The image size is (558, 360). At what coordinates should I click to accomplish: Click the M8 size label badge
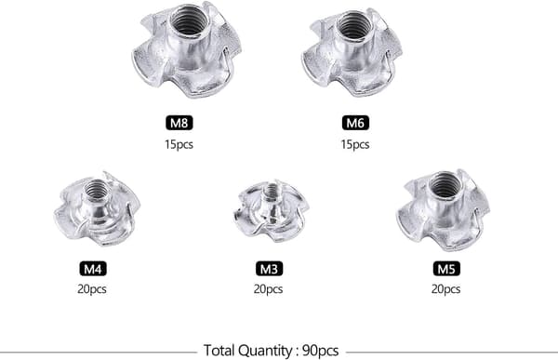[179, 123]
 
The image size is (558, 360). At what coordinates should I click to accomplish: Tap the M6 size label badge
[355, 123]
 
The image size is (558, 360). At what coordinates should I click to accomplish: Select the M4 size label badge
[92, 269]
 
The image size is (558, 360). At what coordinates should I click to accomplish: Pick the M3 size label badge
[269, 269]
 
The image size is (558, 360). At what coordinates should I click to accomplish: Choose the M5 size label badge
[446, 269]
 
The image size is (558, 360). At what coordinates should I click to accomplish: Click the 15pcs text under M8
[179, 144]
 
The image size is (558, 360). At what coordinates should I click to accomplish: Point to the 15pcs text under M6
[355, 144]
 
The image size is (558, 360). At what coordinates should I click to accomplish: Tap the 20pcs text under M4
[92, 288]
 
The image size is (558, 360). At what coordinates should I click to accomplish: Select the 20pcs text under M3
[268, 288]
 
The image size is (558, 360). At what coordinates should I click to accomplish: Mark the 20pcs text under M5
[445, 288]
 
